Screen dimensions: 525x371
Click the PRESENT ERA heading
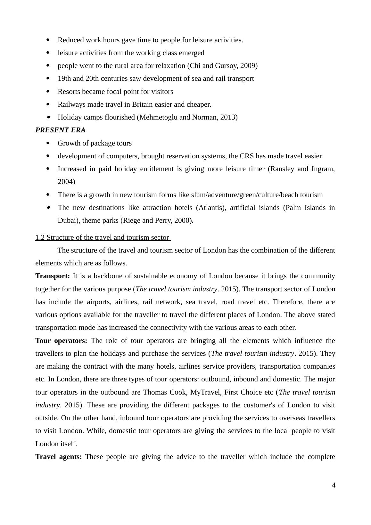tap(60, 130)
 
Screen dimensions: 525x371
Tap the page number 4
tap(334, 485)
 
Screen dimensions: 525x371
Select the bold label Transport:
tap(53, 276)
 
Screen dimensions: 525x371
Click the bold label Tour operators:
tap(61, 340)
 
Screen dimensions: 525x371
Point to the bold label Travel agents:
tap(59, 456)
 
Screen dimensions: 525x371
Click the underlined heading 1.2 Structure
tap(102, 238)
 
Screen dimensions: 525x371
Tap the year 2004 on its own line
tap(66, 182)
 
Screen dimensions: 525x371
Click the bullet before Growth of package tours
tap(48, 143)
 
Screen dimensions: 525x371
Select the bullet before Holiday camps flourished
tap(48, 117)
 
